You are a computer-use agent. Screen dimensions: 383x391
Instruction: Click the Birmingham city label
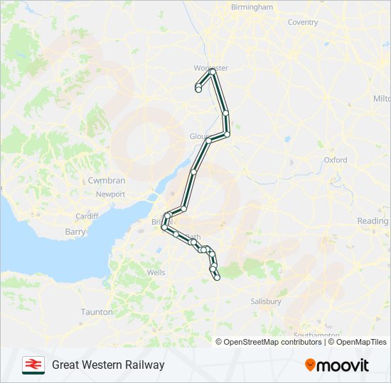(252, 7)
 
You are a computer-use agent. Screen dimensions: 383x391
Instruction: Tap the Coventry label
(302, 22)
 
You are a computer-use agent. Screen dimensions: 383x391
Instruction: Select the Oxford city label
(336, 160)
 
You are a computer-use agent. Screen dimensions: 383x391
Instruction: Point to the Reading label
(373, 221)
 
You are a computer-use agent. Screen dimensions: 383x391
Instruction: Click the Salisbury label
(266, 301)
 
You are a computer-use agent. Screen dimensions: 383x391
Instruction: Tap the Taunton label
(97, 312)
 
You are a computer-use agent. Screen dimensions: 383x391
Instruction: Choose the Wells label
(156, 272)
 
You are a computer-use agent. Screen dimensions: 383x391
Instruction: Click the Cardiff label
(87, 216)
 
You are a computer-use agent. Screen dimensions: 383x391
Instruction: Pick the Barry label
(75, 232)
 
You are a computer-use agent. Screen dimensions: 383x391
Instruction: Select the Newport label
(110, 194)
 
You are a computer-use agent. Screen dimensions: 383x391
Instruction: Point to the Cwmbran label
(107, 181)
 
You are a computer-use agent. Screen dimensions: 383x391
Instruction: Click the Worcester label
(210, 68)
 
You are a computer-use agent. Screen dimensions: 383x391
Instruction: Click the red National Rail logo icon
(33, 365)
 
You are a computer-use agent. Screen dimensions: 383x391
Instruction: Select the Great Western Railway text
(108, 365)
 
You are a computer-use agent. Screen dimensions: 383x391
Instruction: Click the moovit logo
(337, 365)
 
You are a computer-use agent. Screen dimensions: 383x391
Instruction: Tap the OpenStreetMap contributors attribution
(269, 342)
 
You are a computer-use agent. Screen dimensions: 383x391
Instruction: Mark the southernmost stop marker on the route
(217, 277)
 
